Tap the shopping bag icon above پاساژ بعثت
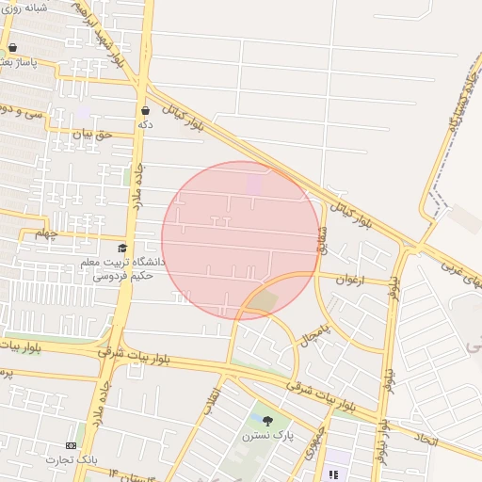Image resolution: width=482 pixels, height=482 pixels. pyautogui.click(x=12, y=47)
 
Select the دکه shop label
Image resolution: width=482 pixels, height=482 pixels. pyautogui.click(x=145, y=124)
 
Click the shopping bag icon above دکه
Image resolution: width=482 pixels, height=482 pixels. pyautogui.click(x=144, y=110)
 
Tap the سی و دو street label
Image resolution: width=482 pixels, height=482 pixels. pyautogui.click(x=21, y=111)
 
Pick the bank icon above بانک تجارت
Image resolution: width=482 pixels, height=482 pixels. pyautogui.click(x=72, y=444)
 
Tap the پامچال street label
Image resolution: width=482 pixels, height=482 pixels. pyautogui.click(x=318, y=329)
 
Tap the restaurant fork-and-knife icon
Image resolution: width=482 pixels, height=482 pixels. pyautogui.click(x=332, y=474)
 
